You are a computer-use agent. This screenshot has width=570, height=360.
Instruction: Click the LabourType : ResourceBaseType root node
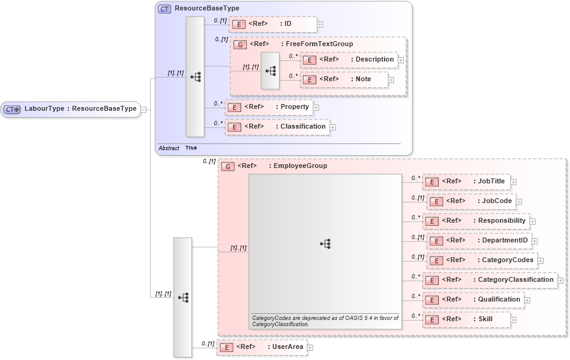point(70,109)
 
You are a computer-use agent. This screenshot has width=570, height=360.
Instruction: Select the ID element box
point(273,24)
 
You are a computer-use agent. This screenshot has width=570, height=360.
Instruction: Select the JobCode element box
point(470,201)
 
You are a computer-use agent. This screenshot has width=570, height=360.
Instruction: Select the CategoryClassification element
point(489,280)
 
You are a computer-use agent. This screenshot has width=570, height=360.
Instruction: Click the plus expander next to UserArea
point(310,348)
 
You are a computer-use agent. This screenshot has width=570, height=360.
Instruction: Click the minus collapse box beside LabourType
point(143,109)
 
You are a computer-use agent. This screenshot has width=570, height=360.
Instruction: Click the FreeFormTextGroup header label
point(319,44)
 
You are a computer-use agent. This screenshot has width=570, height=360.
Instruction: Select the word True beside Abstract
point(191,148)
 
